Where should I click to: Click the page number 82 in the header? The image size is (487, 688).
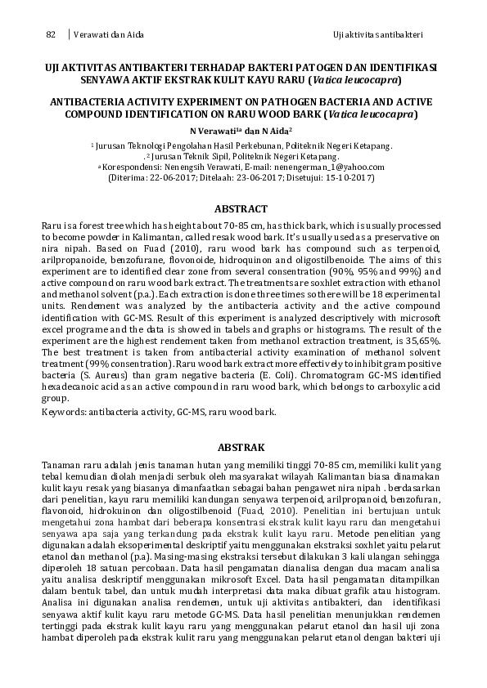(50, 34)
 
